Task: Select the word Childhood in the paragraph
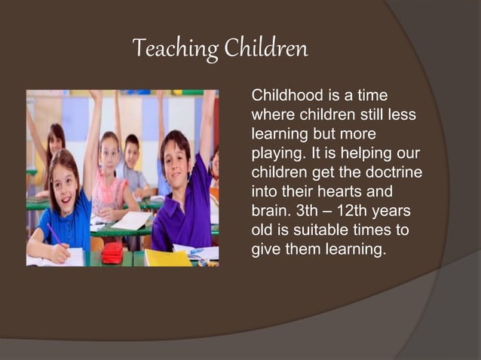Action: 283,96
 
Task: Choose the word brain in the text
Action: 269,211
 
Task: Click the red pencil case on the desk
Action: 112,254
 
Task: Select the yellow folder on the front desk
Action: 168,258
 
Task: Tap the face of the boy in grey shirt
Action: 132,153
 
